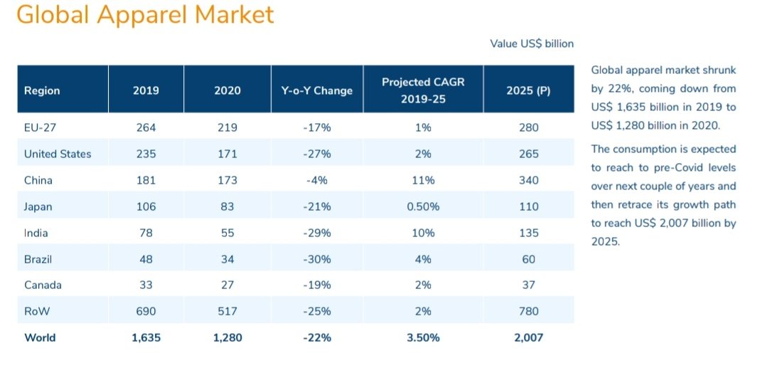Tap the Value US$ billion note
click(x=532, y=43)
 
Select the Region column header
click(x=42, y=90)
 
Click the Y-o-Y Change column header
click(x=316, y=90)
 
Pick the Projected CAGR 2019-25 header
click(x=423, y=90)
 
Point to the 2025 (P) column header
click(x=528, y=90)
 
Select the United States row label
click(x=58, y=154)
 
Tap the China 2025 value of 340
click(x=529, y=180)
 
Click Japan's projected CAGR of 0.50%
click(x=423, y=206)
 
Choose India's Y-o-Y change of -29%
click(x=316, y=233)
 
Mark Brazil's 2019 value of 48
click(x=146, y=259)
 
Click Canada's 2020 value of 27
click(x=227, y=285)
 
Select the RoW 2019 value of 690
click(x=146, y=311)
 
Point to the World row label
click(x=40, y=337)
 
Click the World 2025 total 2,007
click(x=529, y=337)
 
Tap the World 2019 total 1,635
click(x=146, y=337)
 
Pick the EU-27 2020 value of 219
click(x=227, y=127)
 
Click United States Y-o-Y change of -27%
click(x=316, y=154)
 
